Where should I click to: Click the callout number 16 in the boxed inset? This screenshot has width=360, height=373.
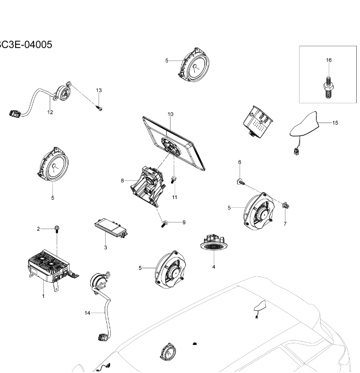(x=329, y=60)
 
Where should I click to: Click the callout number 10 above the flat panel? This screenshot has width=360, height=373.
(x=170, y=114)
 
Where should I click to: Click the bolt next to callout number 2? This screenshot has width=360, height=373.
(x=57, y=230)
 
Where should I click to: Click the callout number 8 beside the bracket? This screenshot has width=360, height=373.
(x=123, y=181)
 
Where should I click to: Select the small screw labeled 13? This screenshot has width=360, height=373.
(x=99, y=108)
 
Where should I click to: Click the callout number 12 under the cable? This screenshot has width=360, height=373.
(x=50, y=112)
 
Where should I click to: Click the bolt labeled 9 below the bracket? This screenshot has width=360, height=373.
(x=165, y=223)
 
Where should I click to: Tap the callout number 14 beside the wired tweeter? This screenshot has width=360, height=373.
(x=87, y=313)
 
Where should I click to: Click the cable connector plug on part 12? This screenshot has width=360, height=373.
(x=15, y=113)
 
